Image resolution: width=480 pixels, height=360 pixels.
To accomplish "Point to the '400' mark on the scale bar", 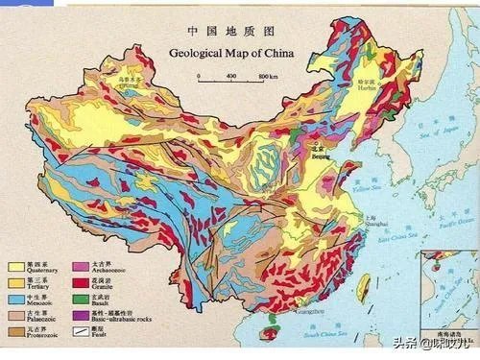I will click(x=231, y=75).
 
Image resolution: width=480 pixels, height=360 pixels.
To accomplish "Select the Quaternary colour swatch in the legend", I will click(x=16, y=265).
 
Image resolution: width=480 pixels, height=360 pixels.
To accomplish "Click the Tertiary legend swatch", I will click(x=16, y=281).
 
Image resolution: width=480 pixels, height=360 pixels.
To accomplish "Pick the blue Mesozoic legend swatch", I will click(x=16, y=298).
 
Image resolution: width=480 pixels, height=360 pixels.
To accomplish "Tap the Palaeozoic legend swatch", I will click(x=16, y=314).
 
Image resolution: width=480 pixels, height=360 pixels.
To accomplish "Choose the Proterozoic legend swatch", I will click(x=16, y=331).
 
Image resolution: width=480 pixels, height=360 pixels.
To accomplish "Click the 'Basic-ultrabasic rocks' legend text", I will click(x=124, y=318).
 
